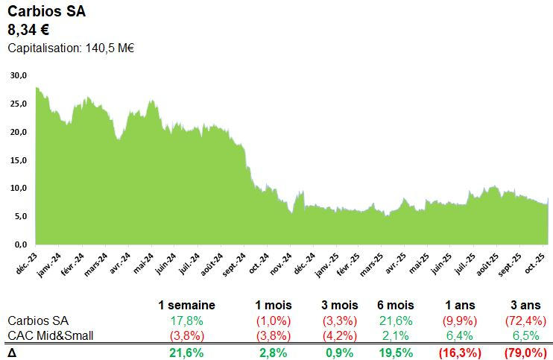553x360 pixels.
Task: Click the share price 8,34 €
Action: tap(28, 31)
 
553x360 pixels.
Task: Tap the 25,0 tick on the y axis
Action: tap(19, 104)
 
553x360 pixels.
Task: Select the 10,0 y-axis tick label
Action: tap(19, 188)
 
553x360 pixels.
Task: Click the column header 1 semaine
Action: tap(186, 305)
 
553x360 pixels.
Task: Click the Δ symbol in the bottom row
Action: tap(11, 351)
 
